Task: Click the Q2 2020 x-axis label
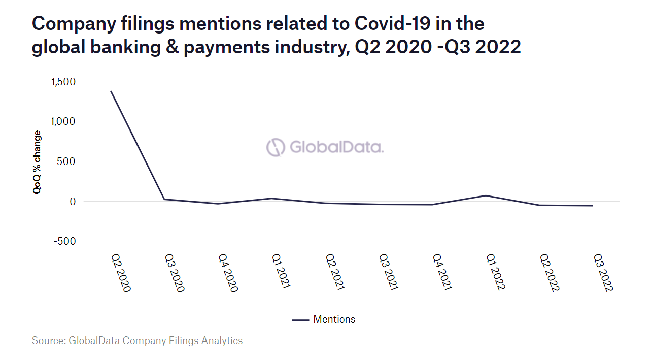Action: [121, 273]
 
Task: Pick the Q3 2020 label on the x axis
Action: [175, 273]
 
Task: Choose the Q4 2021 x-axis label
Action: [441, 273]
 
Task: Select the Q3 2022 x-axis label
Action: [603, 273]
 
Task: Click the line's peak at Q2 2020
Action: [111, 91]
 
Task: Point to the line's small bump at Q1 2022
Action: [486, 195]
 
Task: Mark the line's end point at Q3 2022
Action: [593, 206]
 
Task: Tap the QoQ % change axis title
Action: [38, 162]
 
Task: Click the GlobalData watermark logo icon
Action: [276, 147]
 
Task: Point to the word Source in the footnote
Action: [48, 340]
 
